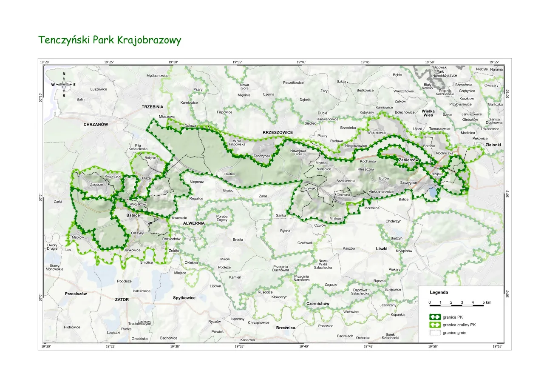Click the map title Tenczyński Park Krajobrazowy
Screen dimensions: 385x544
coord(110,40)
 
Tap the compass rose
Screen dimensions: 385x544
coord(64,85)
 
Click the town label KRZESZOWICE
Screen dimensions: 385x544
coord(278,133)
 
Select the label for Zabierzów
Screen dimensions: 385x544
coord(409,160)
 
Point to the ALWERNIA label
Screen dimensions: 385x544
coord(194,223)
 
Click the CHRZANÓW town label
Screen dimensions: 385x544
coord(96,125)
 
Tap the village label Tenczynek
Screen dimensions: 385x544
coord(262,156)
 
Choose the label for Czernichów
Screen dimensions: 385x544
coord(318,304)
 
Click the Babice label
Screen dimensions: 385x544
coord(133,216)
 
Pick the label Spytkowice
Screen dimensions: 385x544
coord(184,298)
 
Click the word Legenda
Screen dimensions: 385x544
coord(439,293)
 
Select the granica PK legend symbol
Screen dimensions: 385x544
coord(434,317)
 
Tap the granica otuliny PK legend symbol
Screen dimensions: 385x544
coord(434,325)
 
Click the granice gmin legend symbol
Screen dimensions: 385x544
coord(434,333)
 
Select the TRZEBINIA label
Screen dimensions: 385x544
coord(153,107)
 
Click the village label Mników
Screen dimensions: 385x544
coord(335,218)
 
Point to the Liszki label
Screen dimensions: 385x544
coord(382,248)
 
